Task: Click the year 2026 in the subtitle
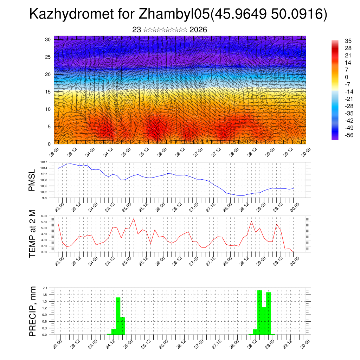(198, 30)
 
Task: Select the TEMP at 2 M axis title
(32, 232)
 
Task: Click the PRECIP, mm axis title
(32, 311)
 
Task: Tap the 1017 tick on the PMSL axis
(44, 162)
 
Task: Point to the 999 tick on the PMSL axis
(45, 198)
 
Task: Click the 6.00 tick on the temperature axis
(44, 216)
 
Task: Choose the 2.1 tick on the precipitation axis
(45, 288)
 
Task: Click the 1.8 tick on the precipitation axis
(45, 295)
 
